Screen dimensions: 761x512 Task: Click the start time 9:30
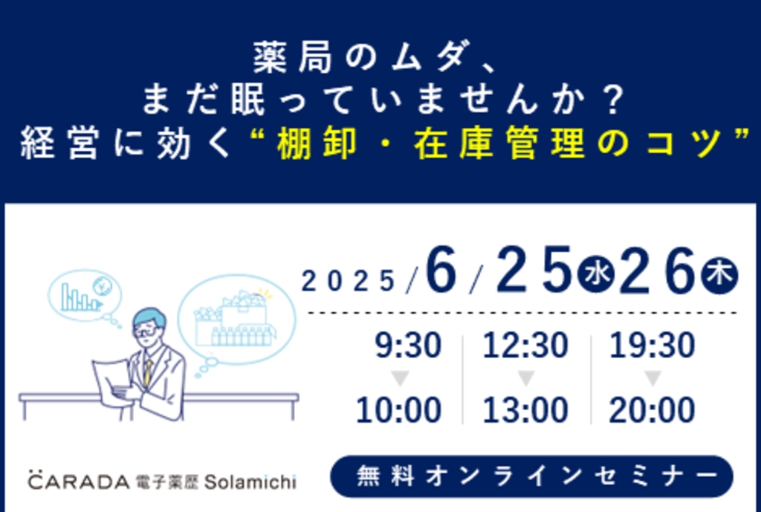click(x=408, y=346)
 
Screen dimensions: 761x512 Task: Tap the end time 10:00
click(x=398, y=410)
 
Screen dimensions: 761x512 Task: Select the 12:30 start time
click(x=525, y=346)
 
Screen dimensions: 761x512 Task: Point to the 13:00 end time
click(x=525, y=410)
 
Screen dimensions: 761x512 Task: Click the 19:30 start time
click(x=652, y=346)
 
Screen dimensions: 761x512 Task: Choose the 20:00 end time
click(x=652, y=410)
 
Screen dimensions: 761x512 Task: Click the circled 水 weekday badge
click(x=596, y=274)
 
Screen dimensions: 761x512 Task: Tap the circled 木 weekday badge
click(x=719, y=275)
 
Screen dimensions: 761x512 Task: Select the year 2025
click(x=348, y=282)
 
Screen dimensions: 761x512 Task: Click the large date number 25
click(x=534, y=270)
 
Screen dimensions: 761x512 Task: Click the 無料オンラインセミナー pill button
click(x=531, y=476)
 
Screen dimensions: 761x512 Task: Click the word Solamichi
click(x=250, y=482)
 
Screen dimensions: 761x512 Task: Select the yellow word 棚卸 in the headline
click(x=317, y=144)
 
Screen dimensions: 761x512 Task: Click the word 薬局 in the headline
click(x=293, y=57)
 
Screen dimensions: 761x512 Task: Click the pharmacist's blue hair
click(x=149, y=317)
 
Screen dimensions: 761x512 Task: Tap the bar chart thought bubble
click(x=85, y=296)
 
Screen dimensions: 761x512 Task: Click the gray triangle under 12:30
click(x=525, y=377)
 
